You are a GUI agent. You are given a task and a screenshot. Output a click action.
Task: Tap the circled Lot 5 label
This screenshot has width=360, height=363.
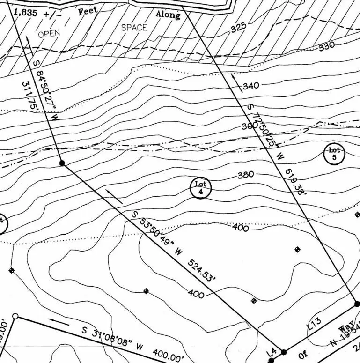[334, 154]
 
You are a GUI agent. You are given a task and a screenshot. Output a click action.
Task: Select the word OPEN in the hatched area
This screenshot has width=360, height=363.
[50, 34]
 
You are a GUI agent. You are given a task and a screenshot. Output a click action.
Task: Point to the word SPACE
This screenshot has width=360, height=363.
[134, 28]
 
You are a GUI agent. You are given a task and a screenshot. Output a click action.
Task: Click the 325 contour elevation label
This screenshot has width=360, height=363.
[238, 28]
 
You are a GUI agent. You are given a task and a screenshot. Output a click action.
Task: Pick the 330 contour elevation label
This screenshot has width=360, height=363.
[327, 46]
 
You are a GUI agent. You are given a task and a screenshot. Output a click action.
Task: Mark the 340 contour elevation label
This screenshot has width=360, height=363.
[251, 86]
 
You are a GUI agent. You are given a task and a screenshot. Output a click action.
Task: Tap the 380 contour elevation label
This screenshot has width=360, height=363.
[245, 175]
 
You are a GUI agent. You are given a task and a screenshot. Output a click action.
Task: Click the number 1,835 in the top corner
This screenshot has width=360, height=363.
[25, 13]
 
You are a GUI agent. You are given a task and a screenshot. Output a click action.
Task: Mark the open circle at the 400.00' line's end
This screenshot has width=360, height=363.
[15, 317]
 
